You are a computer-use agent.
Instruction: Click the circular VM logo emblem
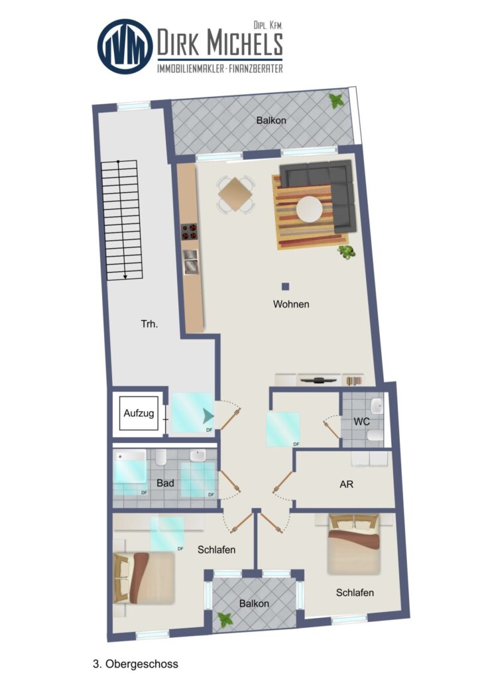(x=125, y=46)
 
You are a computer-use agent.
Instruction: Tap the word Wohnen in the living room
(x=291, y=304)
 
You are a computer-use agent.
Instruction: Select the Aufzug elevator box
(x=139, y=413)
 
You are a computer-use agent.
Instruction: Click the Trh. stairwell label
(x=149, y=324)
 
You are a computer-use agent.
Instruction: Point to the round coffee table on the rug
(x=309, y=210)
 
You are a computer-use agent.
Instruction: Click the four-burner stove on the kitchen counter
(x=189, y=231)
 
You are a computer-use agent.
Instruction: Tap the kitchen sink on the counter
(x=190, y=262)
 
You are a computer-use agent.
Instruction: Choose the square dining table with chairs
(x=235, y=194)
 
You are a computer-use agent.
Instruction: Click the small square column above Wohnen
(x=285, y=286)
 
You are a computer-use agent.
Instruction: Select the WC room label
(x=361, y=421)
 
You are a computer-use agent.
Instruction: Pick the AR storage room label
(x=346, y=484)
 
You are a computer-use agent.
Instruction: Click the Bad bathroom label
(x=165, y=483)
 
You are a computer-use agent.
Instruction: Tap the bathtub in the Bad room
(x=131, y=467)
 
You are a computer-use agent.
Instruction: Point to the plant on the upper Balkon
(x=337, y=101)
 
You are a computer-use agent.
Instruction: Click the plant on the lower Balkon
(x=225, y=620)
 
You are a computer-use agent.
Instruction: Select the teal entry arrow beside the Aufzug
(x=208, y=416)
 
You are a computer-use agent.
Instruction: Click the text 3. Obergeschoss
(x=135, y=664)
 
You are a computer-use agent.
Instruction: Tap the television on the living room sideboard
(x=319, y=380)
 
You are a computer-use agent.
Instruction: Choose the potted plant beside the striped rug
(x=346, y=251)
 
